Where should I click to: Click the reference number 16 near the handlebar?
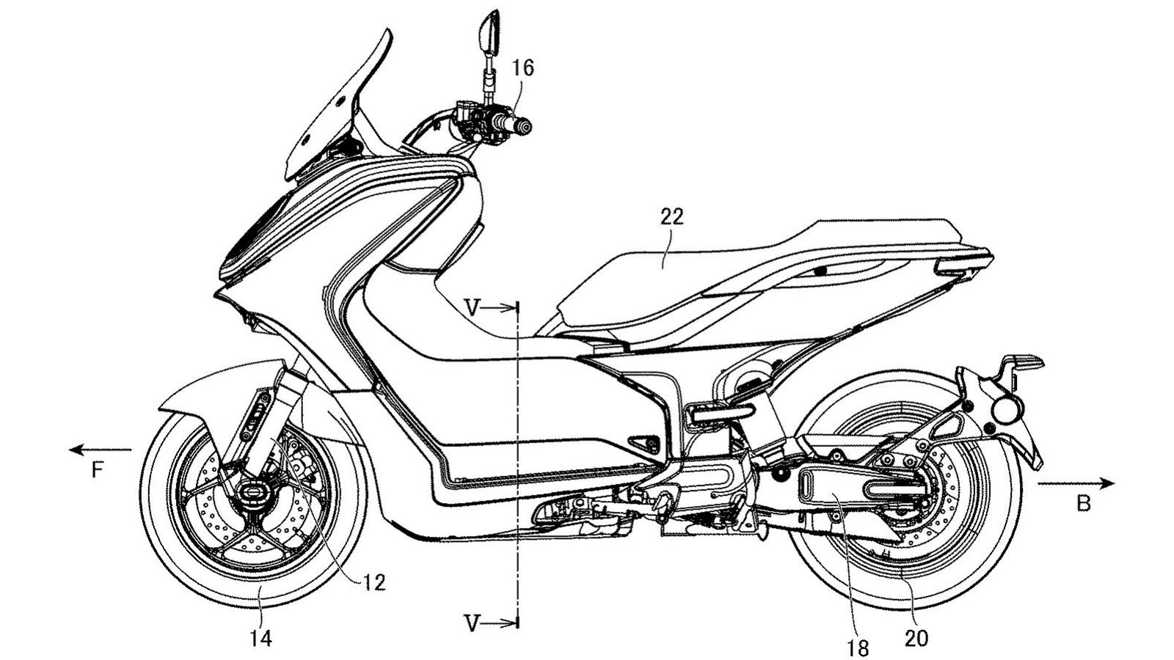[x=523, y=69]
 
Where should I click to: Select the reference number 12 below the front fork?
[x=375, y=582]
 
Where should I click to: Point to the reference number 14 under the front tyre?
[x=260, y=638]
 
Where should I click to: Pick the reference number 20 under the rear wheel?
[x=916, y=638]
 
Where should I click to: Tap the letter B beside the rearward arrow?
[x=1084, y=504]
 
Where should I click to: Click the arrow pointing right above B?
[x=1076, y=483]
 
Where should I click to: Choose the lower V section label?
[x=474, y=623]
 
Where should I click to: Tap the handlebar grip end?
[x=524, y=128]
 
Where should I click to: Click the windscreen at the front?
[x=330, y=110]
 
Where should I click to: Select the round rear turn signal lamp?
[x=1006, y=406]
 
